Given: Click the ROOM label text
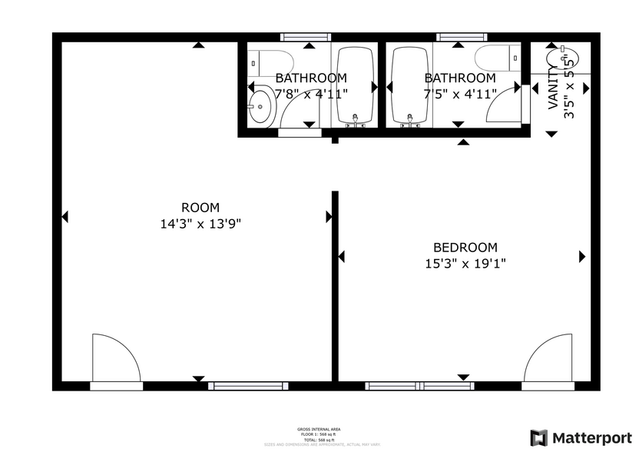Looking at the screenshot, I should tap(200, 208).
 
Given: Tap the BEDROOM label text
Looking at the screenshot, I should tap(465, 248).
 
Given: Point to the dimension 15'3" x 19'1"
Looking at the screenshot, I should tap(465, 264).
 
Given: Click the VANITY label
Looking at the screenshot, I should tap(553, 88).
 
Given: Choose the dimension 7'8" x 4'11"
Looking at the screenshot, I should tap(310, 94).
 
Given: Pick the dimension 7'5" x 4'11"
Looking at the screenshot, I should tap(459, 94).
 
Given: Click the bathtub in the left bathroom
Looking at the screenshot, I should tap(355, 85).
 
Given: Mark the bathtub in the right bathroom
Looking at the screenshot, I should tap(411, 85).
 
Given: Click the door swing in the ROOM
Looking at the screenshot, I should tap(115, 357).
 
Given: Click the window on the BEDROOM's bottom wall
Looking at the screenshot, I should tap(421, 386).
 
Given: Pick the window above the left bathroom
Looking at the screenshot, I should tap(306, 36).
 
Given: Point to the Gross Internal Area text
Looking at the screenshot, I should tap(319, 429).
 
